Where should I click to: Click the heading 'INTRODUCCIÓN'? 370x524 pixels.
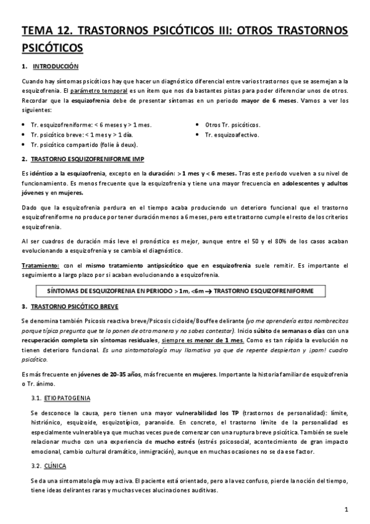(x=55, y=65)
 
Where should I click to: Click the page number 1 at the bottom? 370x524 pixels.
(x=348, y=510)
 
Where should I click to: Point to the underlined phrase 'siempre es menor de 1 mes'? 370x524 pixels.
(x=200, y=340)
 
